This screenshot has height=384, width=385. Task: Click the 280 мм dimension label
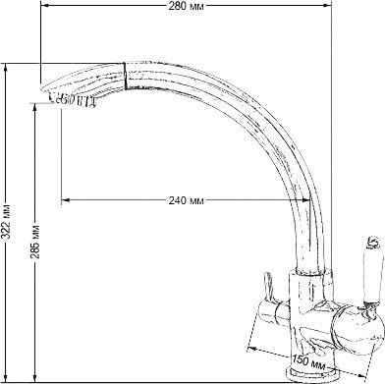coord(186,6)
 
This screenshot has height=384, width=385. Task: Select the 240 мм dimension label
coord(186,200)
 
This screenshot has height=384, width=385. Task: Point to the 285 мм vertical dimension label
coord(35,242)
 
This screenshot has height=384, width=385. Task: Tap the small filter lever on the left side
coord(267,285)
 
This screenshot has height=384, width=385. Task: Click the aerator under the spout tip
coord(73,99)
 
